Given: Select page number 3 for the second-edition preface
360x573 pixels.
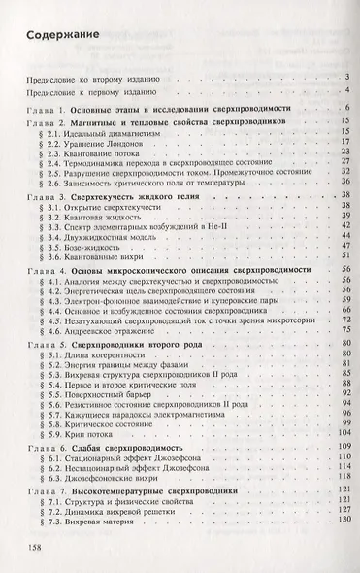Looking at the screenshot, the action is tap(345, 77).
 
